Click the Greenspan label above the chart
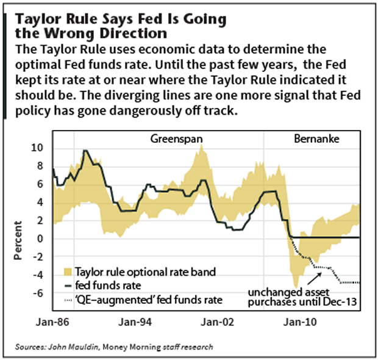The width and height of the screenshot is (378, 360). click(x=177, y=140)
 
